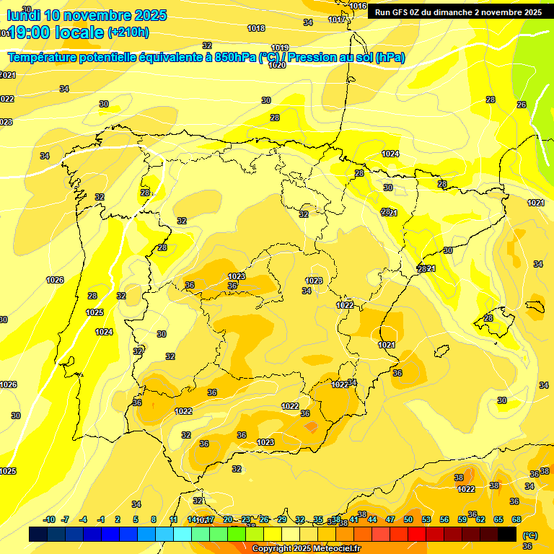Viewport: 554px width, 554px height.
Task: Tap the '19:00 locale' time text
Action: (x=55, y=32)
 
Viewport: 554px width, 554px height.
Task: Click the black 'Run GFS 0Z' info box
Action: (x=458, y=12)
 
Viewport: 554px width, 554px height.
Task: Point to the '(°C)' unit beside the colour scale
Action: (x=529, y=535)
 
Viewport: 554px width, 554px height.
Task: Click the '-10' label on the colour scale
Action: (x=49, y=519)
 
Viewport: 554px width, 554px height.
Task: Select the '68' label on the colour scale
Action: (x=516, y=519)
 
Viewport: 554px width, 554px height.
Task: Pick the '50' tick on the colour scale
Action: (x=408, y=519)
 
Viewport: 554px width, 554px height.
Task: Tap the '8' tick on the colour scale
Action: (x=154, y=519)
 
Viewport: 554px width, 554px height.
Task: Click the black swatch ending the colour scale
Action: (x=507, y=535)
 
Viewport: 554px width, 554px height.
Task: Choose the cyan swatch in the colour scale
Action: (x=182, y=535)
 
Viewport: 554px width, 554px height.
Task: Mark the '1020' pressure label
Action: (x=277, y=65)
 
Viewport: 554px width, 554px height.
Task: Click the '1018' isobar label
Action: (x=256, y=28)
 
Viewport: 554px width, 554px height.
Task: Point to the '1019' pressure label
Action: (x=280, y=48)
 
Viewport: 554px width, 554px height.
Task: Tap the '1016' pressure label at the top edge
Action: (x=358, y=6)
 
